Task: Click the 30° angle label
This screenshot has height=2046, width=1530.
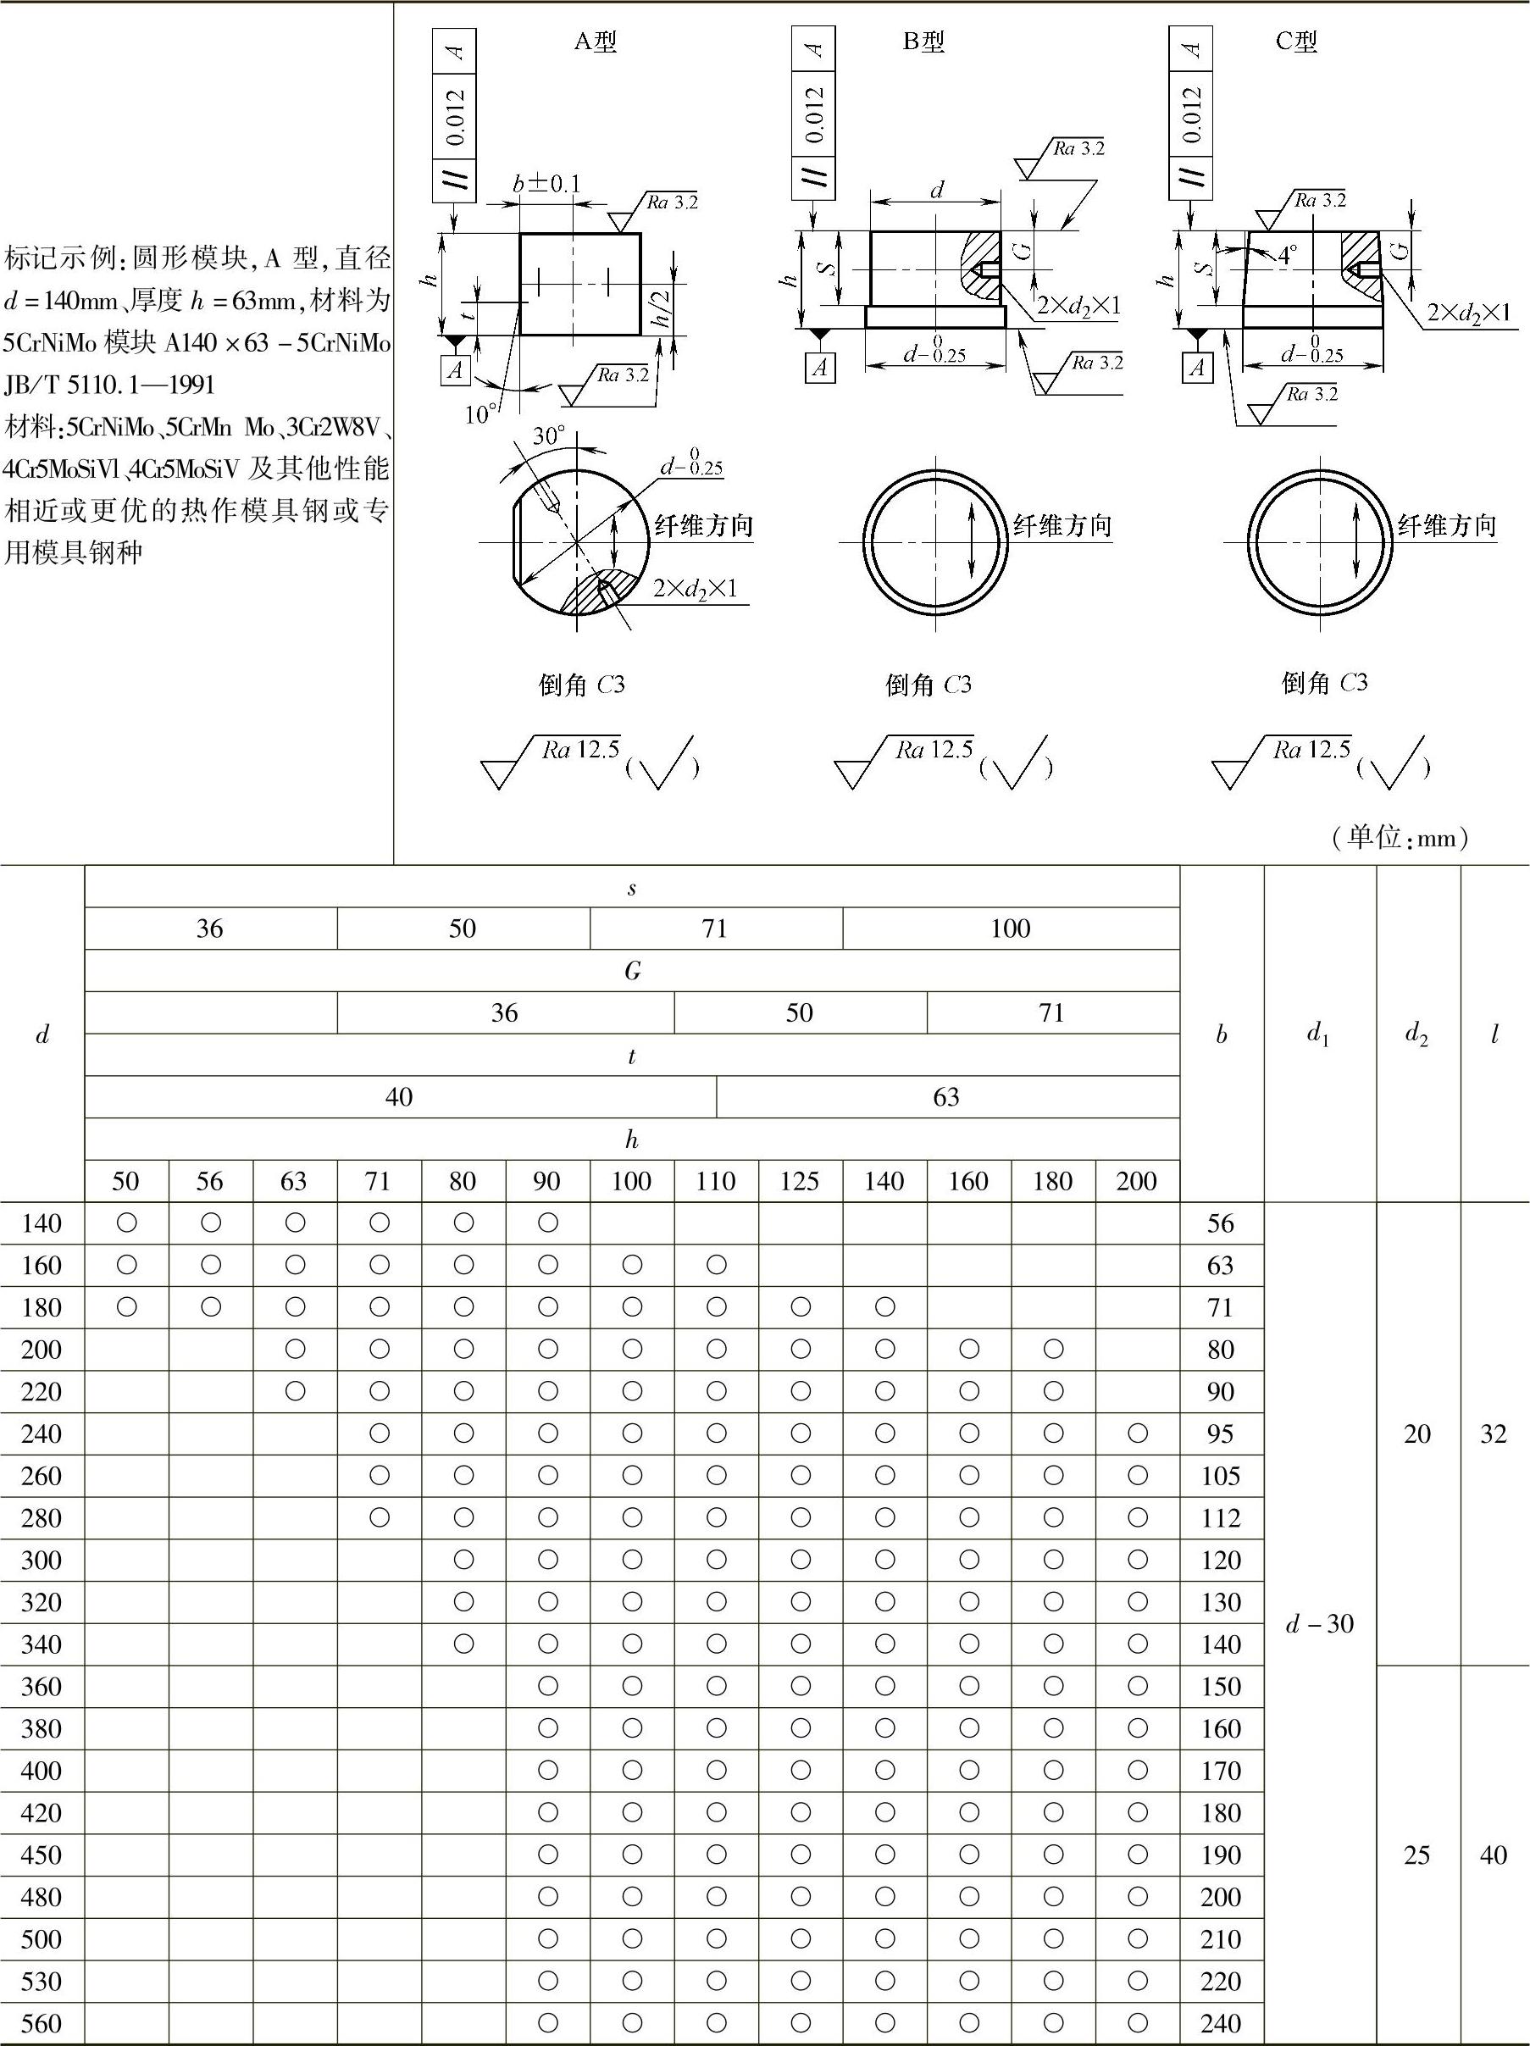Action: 548,436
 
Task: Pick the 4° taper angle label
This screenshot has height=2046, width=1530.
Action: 1288,254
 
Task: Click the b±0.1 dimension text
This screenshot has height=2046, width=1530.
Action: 546,184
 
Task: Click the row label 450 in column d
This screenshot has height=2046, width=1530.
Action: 42,1855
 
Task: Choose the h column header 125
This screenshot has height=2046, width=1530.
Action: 799,1181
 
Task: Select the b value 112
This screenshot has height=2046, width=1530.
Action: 1220,1518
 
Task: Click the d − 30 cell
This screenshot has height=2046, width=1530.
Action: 1320,1623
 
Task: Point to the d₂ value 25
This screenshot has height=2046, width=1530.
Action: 1417,1855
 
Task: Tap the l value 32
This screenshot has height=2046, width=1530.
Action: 1493,1433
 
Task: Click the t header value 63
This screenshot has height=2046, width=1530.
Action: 946,1097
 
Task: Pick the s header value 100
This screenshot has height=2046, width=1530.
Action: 1010,929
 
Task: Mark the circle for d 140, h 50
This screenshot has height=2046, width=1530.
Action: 127,1223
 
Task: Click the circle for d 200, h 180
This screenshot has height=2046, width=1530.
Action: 1053,1350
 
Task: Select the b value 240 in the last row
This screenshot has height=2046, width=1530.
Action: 1220,2023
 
